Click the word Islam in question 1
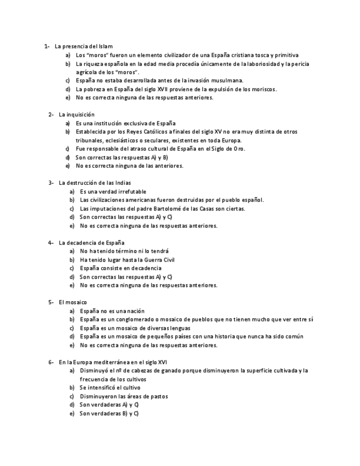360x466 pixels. (x=106, y=47)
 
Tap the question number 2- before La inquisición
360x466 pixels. (x=51, y=114)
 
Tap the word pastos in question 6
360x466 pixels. (x=158, y=396)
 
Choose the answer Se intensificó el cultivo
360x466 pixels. (x=109, y=387)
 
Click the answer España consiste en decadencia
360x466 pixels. (x=120, y=268)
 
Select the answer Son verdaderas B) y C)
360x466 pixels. (x=109, y=413)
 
